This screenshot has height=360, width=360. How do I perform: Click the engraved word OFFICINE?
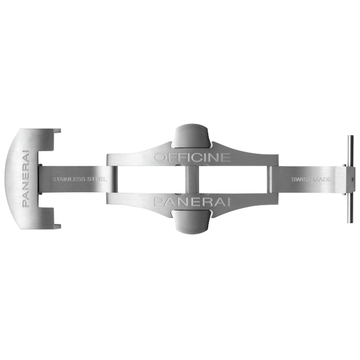192,157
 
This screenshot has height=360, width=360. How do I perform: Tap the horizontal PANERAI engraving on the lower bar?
192,202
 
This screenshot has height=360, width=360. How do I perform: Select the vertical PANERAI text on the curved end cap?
26,179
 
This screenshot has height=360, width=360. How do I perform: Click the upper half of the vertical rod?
350,150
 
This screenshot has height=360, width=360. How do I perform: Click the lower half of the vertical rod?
350,208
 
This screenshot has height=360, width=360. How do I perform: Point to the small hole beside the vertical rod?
352,179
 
